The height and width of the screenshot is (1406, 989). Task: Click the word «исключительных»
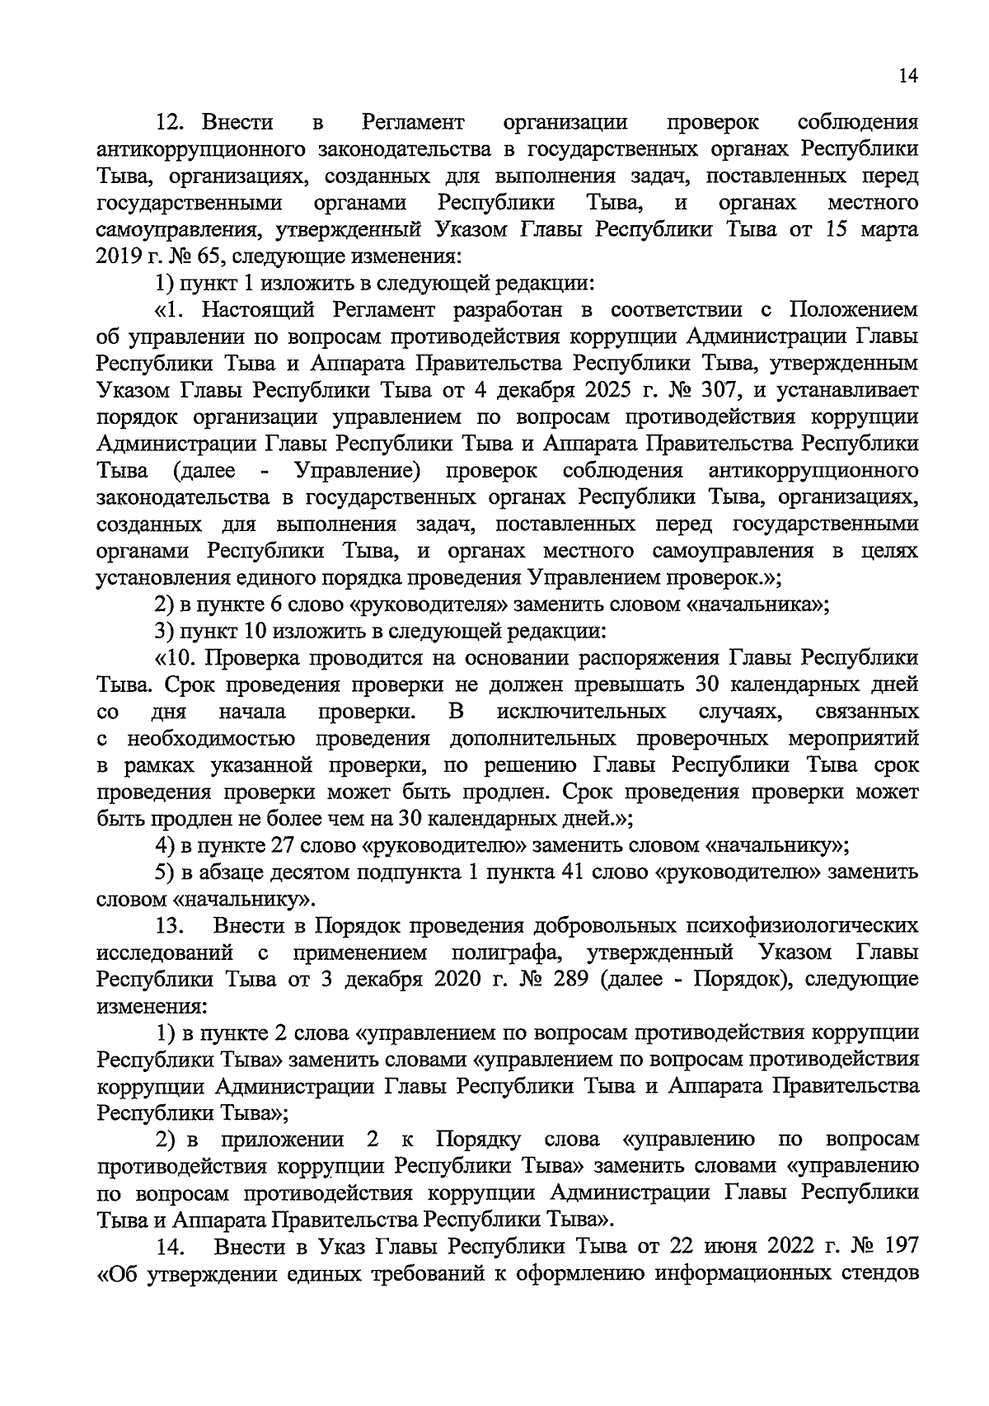(582, 711)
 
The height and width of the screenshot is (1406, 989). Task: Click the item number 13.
(172, 926)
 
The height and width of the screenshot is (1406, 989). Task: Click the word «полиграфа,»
(508, 952)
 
